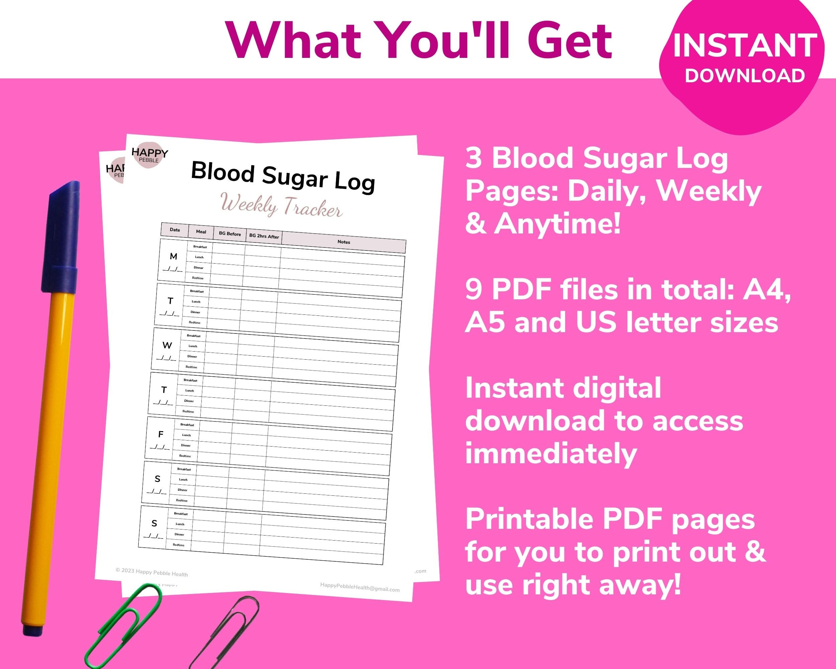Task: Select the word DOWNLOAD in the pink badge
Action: pyautogui.click(x=744, y=76)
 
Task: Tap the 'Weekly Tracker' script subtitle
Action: pyautogui.click(x=281, y=205)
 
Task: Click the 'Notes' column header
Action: pyautogui.click(x=343, y=242)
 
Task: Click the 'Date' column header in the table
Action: pyautogui.click(x=175, y=229)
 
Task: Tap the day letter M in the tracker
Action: pyautogui.click(x=173, y=256)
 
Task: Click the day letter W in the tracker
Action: pyautogui.click(x=167, y=345)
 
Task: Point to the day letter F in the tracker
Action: pyautogui.click(x=161, y=435)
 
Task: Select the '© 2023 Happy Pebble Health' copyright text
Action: pyautogui.click(x=151, y=572)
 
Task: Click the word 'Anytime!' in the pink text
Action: pyautogui.click(x=557, y=224)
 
